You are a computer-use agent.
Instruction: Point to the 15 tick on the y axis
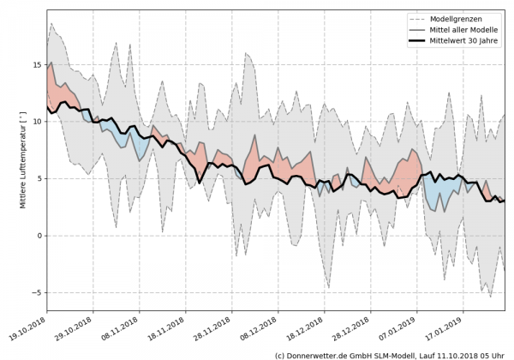(x=35, y=64)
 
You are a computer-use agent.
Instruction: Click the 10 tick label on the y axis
(x=35, y=122)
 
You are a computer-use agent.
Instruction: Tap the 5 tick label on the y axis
(x=38, y=178)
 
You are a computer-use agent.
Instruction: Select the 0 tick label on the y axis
(x=38, y=236)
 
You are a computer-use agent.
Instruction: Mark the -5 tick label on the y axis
(x=36, y=292)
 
